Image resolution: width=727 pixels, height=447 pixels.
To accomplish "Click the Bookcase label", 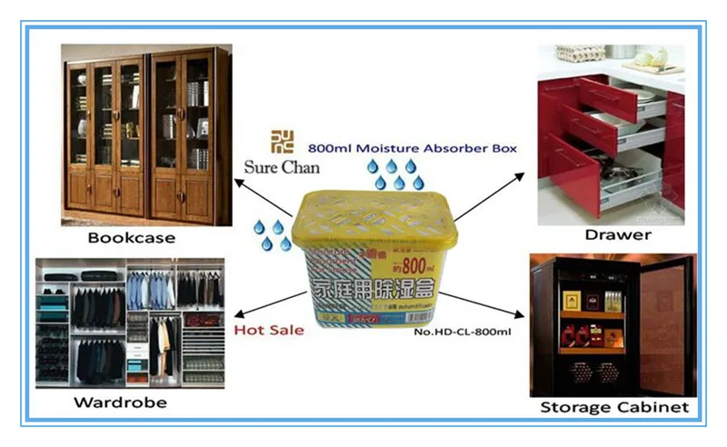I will [132, 238].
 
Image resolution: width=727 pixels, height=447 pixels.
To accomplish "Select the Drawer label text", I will [618, 235].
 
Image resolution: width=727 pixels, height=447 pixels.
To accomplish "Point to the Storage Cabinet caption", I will [614, 407].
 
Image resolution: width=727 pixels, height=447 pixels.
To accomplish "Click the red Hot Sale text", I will [269, 330].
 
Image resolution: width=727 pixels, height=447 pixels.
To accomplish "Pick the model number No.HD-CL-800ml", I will [463, 333].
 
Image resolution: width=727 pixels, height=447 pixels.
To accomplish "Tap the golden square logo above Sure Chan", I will [283, 142].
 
